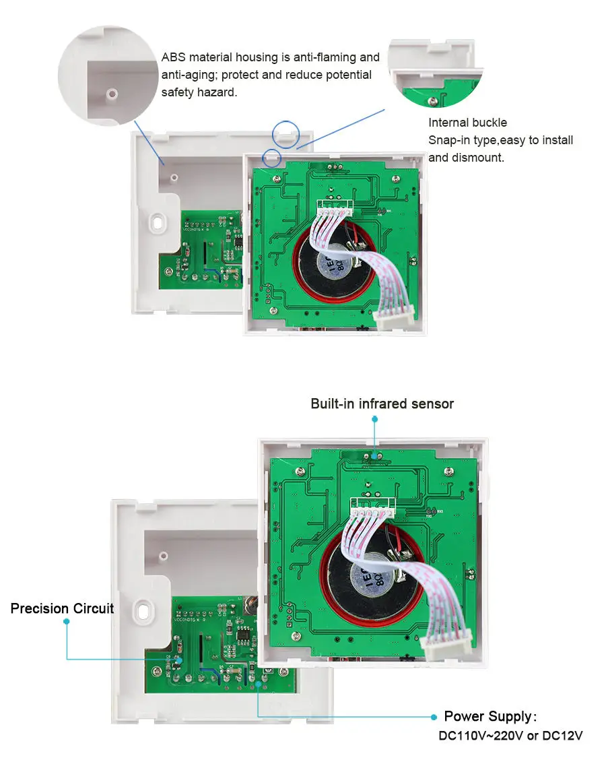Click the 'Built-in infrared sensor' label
(x=382, y=404)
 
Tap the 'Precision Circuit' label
(x=62, y=609)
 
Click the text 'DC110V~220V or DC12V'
(x=510, y=736)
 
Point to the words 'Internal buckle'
(x=467, y=123)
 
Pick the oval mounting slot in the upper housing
(x=158, y=222)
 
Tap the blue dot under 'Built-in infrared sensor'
(x=375, y=418)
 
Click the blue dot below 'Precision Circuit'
(x=66, y=622)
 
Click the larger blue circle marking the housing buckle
(x=286, y=133)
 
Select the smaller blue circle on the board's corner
(x=272, y=158)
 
